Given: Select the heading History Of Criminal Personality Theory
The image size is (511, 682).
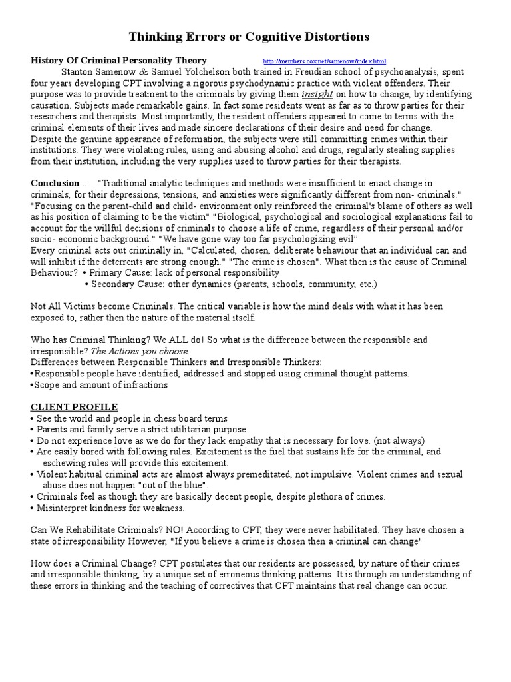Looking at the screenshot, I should (x=119, y=61).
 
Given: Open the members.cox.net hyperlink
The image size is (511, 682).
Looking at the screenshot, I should (x=323, y=61).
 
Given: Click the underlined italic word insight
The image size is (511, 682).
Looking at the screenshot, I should (x=317, y=94).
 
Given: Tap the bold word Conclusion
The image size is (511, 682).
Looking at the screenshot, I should (x=55, y=183).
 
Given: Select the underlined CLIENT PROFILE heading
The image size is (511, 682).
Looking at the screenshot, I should (x=75, y=407).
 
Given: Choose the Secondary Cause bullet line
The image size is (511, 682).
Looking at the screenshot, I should (x=231, y=284).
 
